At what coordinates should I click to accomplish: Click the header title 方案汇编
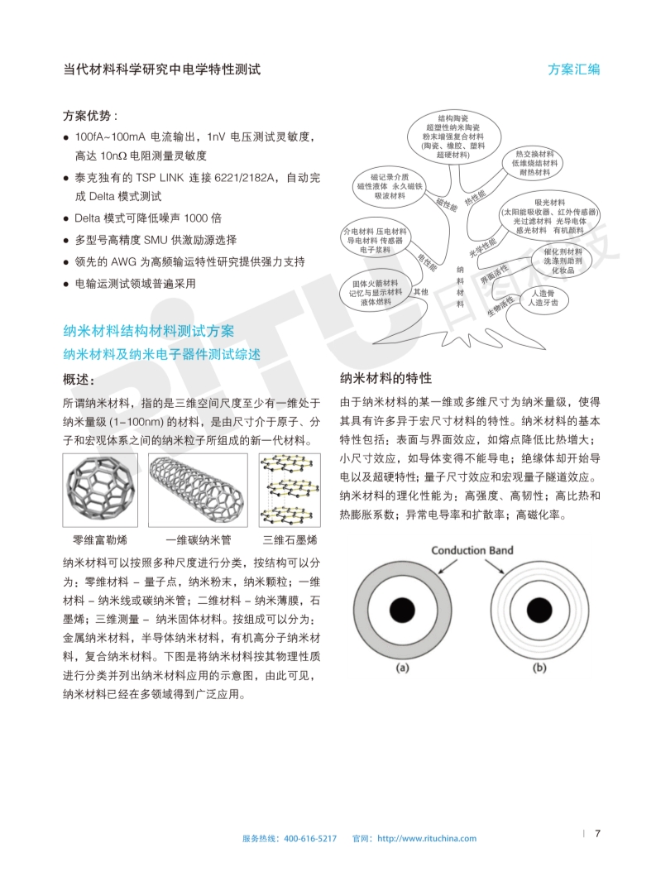(573, 69)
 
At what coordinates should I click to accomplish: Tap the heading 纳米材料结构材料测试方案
(149, 331)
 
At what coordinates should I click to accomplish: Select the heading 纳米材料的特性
(386, 378)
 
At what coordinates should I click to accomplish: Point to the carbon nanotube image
(198, 490)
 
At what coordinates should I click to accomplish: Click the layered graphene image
(290, 490)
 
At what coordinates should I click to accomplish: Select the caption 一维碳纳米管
(198, 540)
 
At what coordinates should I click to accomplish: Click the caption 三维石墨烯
(290, 540)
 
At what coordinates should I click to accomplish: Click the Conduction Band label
(472, 550)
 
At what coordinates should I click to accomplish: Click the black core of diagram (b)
(539, 606)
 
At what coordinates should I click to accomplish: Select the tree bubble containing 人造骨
(543, 299)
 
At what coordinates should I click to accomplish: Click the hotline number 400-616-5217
(310, 838)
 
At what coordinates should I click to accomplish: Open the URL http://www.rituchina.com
(427, 838)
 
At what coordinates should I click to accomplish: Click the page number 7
(597, 833)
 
